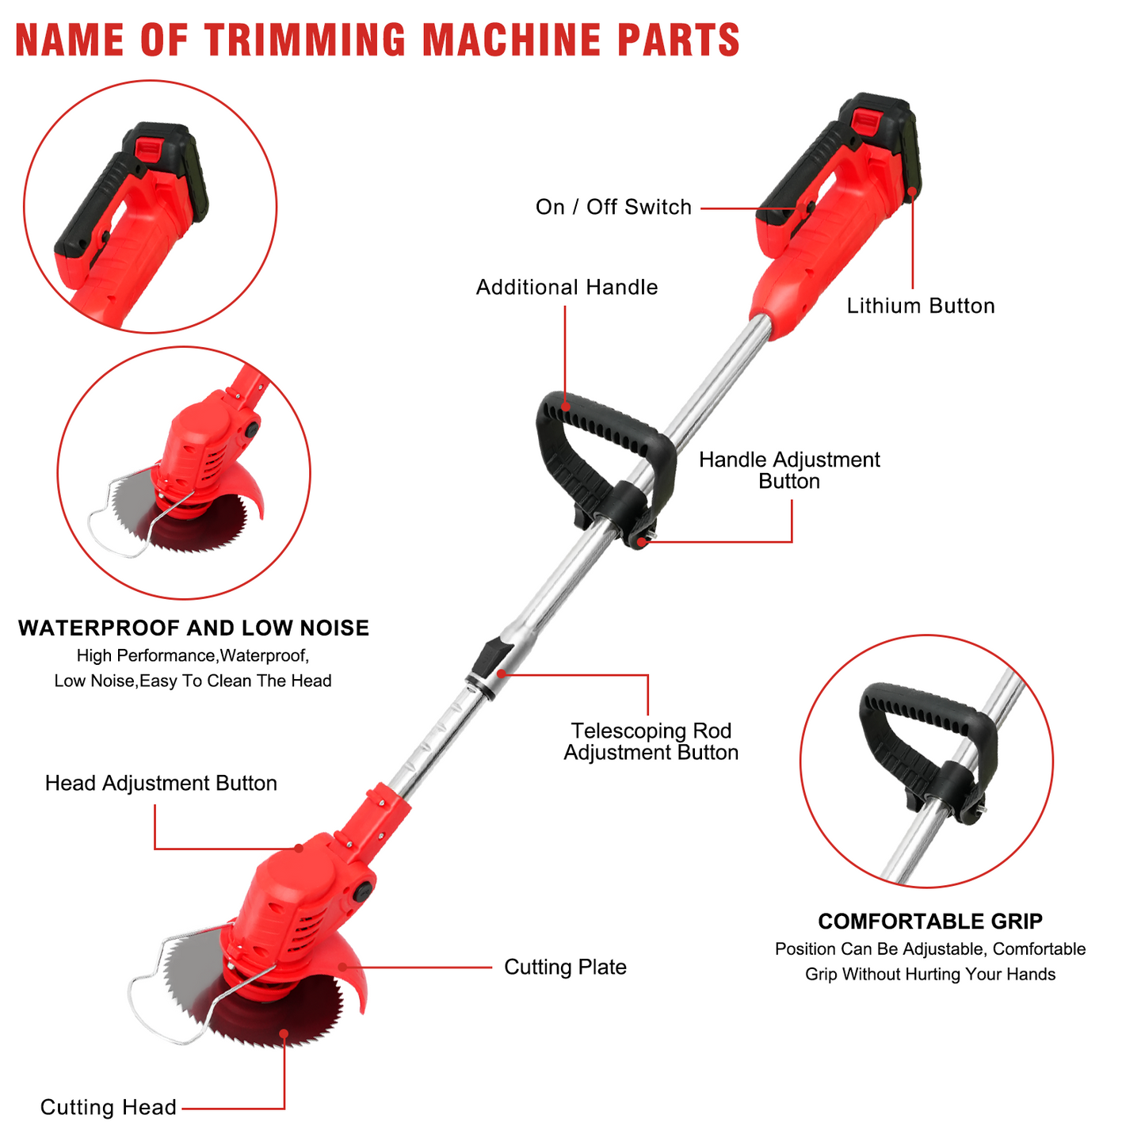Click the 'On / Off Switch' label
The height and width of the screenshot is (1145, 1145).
[613, 207]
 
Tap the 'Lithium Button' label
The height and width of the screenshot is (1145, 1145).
[921, 305]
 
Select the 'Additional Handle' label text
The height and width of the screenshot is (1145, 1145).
[567, 287]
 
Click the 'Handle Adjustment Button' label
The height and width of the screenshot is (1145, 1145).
[789, 470]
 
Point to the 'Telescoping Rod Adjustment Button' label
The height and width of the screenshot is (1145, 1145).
[651, 741]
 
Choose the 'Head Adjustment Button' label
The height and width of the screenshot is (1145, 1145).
[161, 783]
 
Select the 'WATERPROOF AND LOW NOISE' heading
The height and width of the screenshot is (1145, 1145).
[193, 628]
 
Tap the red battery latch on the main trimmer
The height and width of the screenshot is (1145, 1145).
[866, 120]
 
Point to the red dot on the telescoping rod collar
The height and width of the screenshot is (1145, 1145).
[502, 674]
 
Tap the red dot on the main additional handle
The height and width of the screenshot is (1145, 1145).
[566, 407]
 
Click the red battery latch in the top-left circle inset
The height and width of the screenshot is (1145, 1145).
[147, 147]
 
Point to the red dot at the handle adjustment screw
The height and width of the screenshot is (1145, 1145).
[640, 541]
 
